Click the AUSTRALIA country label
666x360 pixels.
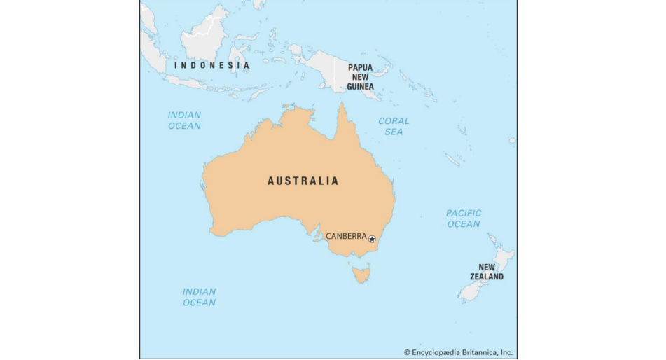303,181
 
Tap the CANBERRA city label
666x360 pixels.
346,236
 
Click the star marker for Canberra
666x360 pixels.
372,239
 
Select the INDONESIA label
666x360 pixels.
211,65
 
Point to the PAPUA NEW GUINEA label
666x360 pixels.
360,77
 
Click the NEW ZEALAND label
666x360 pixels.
486,272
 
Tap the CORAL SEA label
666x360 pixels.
394,126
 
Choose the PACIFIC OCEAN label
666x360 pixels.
464,219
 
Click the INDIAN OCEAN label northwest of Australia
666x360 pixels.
184,120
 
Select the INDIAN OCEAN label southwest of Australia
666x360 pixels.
199,297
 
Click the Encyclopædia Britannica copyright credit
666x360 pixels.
458,352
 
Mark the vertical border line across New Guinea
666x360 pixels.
335,73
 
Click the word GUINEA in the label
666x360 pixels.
360,87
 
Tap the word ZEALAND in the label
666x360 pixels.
486,277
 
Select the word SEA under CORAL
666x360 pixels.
394,132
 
